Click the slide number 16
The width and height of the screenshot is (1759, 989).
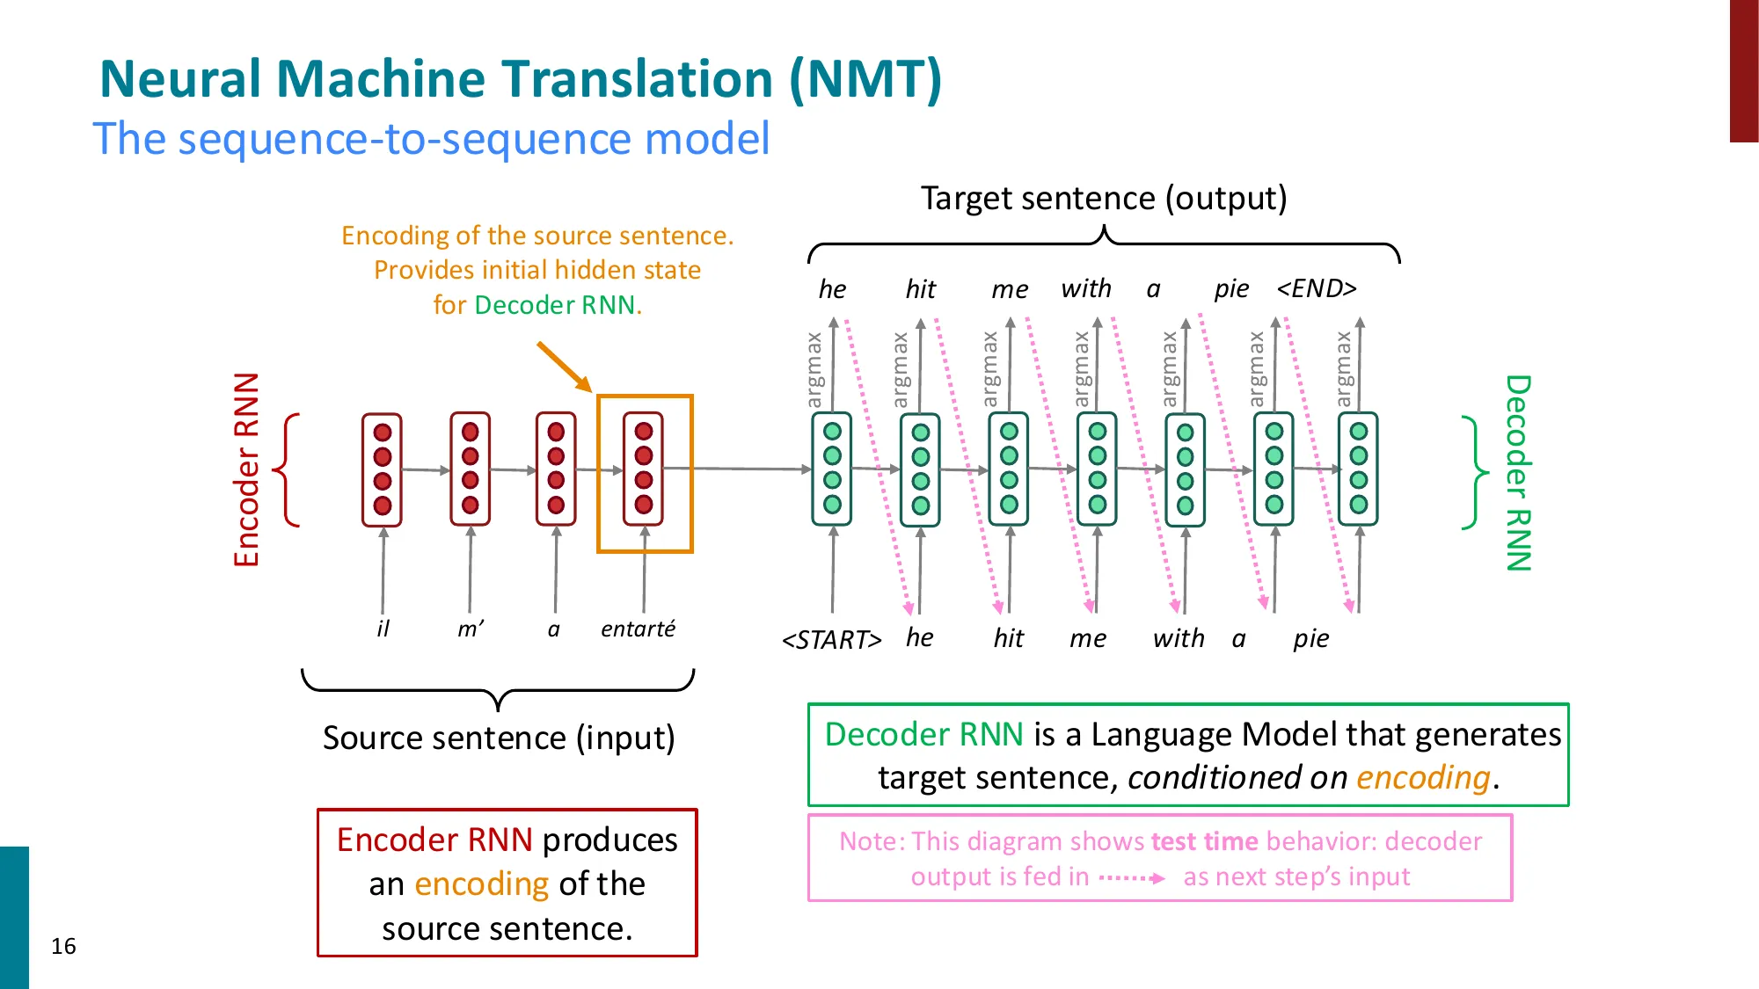[63, 946]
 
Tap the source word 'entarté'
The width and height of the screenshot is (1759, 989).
[638, 629]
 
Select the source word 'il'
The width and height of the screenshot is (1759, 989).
[383, 629]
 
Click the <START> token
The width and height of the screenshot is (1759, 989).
[831, 639]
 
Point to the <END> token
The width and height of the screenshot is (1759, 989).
[1317, 288]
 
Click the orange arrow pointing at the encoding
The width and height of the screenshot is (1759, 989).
[563, 366]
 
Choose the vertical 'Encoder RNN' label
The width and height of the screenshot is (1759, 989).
[247, 469]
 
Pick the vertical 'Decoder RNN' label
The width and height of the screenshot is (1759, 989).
[1518, 473]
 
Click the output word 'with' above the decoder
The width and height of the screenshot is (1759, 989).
[1086, 288]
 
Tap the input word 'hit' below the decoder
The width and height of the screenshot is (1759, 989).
[1008, 638]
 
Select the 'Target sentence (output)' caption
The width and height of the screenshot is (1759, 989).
[1104, 198]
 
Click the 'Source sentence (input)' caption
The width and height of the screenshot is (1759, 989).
[499, 738]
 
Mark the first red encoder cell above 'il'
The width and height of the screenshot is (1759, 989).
[382, 469]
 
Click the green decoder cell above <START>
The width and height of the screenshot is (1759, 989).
[832, 469]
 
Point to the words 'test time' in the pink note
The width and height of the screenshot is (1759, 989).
[1204, 841]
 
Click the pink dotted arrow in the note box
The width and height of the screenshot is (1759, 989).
[1132, 877]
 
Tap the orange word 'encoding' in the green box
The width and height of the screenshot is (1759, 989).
[1423, 778]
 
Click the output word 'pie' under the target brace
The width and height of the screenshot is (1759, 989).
[1231, 288]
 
